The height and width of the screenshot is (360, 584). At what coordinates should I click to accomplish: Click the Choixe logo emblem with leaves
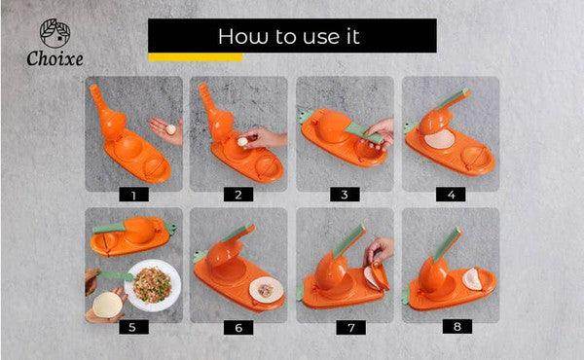[55, 33]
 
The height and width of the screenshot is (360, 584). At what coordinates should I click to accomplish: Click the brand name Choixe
[55, 59]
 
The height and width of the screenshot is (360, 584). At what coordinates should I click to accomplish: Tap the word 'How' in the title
[242, 36]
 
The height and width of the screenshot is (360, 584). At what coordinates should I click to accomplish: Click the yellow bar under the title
[196, 57]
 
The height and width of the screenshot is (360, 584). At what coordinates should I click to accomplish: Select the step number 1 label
[133, 195]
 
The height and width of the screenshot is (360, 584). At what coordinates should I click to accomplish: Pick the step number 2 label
[238, 195]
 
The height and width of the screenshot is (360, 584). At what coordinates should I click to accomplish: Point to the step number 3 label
[345, 195]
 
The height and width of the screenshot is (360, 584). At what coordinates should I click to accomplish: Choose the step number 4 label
[451, 195]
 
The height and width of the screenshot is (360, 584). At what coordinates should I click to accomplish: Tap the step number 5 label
[132, 327]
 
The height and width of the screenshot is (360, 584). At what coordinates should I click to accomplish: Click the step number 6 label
[238, 328]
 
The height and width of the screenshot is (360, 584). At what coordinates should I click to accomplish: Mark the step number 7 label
[351, 328]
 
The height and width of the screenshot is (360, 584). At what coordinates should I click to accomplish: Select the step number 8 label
[457, 327]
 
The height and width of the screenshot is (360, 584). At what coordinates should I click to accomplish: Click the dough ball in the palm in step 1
[170, 129]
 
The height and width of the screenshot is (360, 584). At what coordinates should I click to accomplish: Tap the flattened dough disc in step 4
[440, 140]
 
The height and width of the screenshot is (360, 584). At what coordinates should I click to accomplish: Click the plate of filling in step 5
[153, 285]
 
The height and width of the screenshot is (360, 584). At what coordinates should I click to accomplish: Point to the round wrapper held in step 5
[107, 305]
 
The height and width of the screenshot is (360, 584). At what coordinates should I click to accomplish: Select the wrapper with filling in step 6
[266, 289]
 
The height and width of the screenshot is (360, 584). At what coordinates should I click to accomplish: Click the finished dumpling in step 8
[472, 279]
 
